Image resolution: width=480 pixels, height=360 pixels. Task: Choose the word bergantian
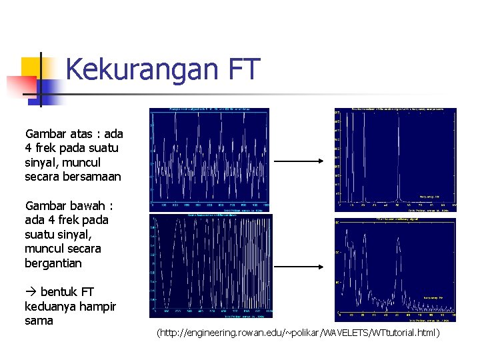pyautogui.click(x=53, y=263)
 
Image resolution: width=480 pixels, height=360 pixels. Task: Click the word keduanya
pyautogui.click(x=51, y=307)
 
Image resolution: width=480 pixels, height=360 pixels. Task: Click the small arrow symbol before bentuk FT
pyautogui.click(x=31, y=292)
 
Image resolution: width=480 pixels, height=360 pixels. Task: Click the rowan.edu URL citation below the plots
pyautogui.click(x=298, y=332)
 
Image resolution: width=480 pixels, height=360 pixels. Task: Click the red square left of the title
pyautogui.click(x=20, y=86)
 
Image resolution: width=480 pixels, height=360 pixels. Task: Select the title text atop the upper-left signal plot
pyautogui.click(x=209, y=109)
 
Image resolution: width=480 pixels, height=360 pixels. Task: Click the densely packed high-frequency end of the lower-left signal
pyautogui.click(x=264, y=267)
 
